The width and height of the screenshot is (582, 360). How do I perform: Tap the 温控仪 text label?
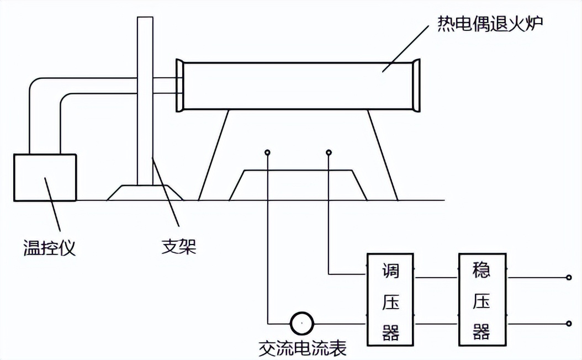[x=49, y=247]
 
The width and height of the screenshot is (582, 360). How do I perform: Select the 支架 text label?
[x=178, y=246]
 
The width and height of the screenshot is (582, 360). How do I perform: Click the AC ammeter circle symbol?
[x=302, y=322]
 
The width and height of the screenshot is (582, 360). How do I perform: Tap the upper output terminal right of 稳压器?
[x=569, y=278]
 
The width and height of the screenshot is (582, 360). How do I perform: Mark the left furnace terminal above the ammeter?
[x=268, y=152]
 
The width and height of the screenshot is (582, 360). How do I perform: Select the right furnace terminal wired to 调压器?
[x=329, y=152]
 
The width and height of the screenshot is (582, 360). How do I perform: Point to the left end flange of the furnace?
[x=179, y=86]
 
